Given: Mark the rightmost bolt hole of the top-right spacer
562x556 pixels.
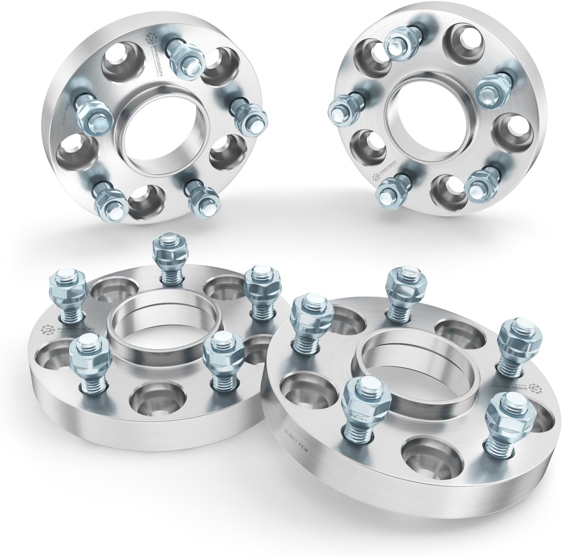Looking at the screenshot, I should pyautogui.click(x=511, y=130).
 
